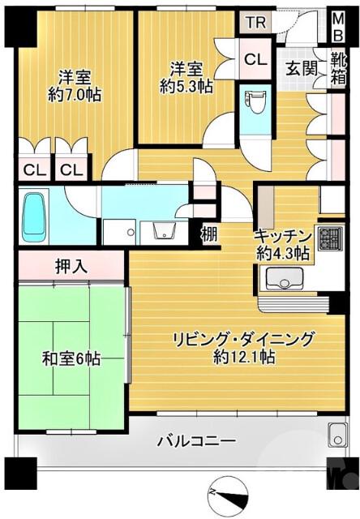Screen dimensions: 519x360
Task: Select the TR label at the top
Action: [255, 23]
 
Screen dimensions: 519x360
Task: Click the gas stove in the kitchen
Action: [329, 238]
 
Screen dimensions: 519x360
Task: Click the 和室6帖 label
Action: [71, 357]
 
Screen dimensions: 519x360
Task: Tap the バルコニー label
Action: [196, 442]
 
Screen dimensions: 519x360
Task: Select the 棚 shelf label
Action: [209, 235]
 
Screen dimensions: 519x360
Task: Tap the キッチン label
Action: [282, 236]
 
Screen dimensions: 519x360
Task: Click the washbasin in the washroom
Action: [162, 230]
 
